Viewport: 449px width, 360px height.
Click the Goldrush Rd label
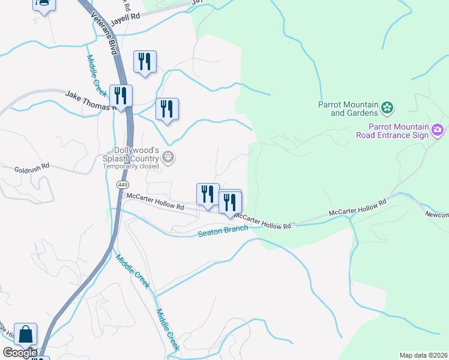point(32,170)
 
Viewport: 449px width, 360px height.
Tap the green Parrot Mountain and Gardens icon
point(387,108)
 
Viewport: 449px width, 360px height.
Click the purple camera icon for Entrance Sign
point(438,130)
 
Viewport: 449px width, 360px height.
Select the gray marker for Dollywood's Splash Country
point(169,158)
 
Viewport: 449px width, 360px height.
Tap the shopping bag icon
point(26,334)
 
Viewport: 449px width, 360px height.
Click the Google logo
point(19,353)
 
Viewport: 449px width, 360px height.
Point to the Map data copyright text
point(423,355)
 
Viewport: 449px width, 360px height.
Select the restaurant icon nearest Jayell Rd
point(145,62)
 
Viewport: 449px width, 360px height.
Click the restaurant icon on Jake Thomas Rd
point(121,96)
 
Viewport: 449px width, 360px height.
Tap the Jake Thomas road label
point(89,100)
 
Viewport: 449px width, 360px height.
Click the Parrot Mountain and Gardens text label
point(348,108)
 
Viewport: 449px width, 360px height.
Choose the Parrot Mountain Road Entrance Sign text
point(399,131)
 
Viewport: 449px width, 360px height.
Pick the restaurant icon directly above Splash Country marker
point(167,109)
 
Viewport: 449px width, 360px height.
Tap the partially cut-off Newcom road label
point(437,214)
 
